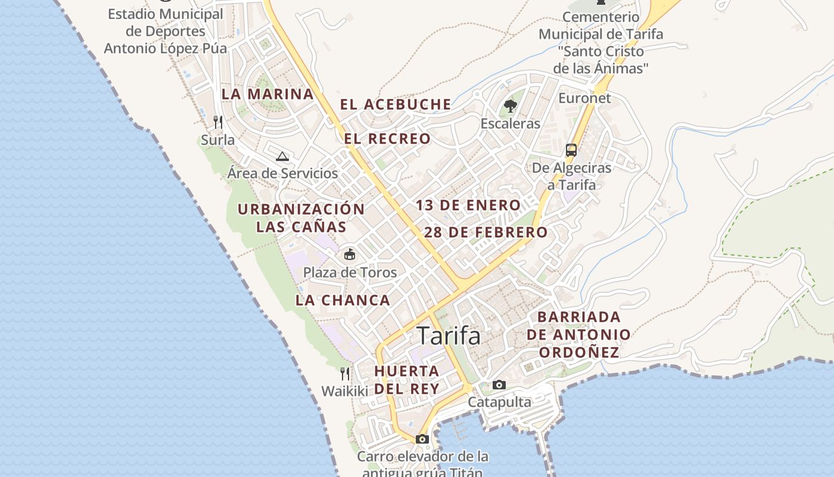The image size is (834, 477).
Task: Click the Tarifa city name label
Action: tap(449, 336)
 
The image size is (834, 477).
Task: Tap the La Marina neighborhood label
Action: tap(267, 94)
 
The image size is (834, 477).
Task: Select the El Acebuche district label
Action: tap(396, 104)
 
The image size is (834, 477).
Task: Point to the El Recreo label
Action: tap(387, 139)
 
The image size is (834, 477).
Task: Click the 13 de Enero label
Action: tap(468, 206)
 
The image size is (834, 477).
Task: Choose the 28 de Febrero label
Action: tap(486, 233)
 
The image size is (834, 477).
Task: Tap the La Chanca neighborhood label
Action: tap(343, 301)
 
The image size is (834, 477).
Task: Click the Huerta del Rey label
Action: tap(407, 380)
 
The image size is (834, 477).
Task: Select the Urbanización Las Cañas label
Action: tap(301, 218)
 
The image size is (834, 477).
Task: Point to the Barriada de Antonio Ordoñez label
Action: tap(578, 334)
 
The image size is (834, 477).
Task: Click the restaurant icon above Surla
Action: tap(218, 122)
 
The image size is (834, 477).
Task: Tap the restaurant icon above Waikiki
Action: tap(345, 374)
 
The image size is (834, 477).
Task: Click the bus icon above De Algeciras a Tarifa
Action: tap(571, 150)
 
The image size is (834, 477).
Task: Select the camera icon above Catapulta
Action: tap(499, 385)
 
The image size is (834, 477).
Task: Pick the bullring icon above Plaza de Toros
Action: tap(350, 255)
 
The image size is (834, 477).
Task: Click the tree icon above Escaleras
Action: tap(510, 107)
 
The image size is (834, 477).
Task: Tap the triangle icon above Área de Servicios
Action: tap(282, 156)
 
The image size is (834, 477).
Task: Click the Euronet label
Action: tap(584, 98)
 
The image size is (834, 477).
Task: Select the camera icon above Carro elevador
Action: tap(422, 439)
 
